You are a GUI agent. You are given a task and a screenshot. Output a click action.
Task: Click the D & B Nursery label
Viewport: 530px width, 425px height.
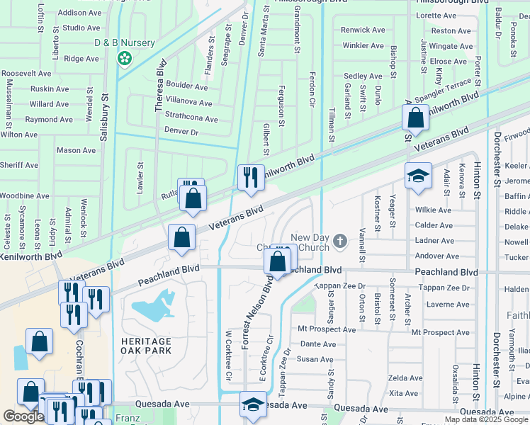click(x=125, y=43)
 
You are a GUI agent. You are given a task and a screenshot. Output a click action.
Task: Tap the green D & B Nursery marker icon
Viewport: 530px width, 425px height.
click(x=125, y=58)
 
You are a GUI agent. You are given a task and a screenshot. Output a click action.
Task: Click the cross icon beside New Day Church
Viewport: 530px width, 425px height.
click(x=340, y=242)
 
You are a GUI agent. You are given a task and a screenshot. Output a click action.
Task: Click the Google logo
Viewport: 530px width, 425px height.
click(x=23, y=416)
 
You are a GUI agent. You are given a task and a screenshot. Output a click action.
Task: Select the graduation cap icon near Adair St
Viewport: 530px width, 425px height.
click(x=418, y=176)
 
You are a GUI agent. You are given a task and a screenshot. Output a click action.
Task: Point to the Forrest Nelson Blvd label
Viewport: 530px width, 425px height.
click(x=256, y=312)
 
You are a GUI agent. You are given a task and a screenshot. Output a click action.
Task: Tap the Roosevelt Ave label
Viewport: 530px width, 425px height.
click(x=26, y=74)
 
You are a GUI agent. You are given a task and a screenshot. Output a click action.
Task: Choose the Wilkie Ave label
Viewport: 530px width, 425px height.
click(x=434, y=210)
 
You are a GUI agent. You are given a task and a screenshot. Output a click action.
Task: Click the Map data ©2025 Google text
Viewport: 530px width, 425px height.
click(x=486, y=419)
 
